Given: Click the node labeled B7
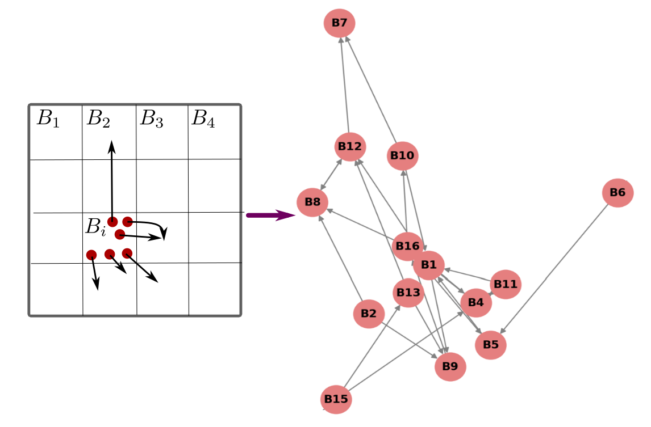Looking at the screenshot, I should (340, 23).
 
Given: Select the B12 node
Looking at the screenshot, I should (350, 147).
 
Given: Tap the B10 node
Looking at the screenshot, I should (403, 155).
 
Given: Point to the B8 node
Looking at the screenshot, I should (312, 202).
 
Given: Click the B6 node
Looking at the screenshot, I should (617, 193).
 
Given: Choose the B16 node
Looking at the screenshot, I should (407, 247).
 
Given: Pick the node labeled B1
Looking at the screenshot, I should (428, 265).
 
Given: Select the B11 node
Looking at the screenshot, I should (506, 284).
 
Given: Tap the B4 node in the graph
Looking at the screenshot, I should (476, 303).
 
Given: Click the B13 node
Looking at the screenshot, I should (408, 293).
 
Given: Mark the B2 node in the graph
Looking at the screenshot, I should (369, 314).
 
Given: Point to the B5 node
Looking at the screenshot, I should (491, 344).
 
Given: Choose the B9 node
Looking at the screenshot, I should (450, 366).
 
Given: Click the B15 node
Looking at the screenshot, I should (336, 399).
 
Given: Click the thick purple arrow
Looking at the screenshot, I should (270, 215).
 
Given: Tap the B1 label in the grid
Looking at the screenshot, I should (48, 119).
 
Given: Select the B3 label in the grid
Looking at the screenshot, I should (152, 119).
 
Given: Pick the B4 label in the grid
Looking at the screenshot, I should (203, 119).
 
